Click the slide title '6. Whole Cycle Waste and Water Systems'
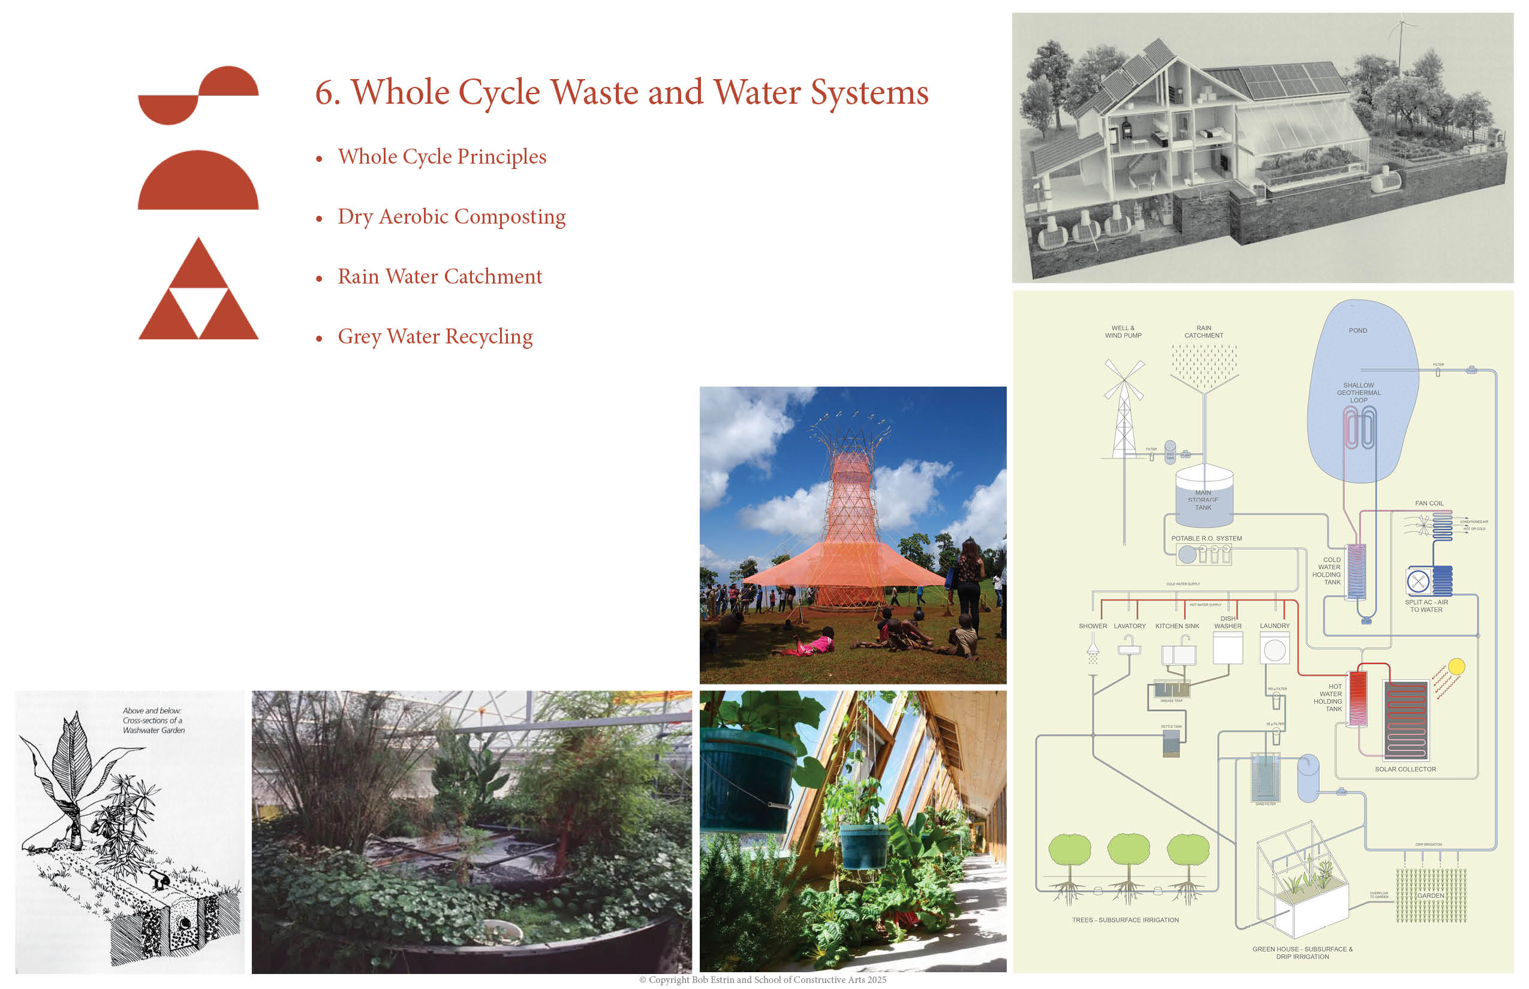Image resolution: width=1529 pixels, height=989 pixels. tap(621, 92)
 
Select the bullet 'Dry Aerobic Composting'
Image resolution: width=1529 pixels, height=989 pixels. tap(451, 217)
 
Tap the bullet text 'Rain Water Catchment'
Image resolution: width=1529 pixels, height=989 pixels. tap(440, 277)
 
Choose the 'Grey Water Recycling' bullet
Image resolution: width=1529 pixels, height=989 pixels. tap(435, 336)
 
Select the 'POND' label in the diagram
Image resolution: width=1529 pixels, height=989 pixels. tap(1358, 331)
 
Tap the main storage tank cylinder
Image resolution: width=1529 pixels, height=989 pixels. tap(1204, 492)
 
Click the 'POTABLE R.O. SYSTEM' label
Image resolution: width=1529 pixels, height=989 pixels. tap(1206, 538)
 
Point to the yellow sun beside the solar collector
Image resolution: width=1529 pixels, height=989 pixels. tap(1456, 667)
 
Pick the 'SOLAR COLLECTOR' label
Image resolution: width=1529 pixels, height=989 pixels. tap(1405, 768)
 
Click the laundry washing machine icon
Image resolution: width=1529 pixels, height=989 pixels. tap(1275, 649)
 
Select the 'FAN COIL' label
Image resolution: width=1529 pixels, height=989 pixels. tap(1429, 503)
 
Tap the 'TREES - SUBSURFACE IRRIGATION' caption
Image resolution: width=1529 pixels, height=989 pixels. tap(1125, 919)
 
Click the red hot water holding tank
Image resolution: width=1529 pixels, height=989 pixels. tap(1358, 698)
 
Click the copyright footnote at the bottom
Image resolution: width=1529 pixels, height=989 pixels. tap(763, 979)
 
